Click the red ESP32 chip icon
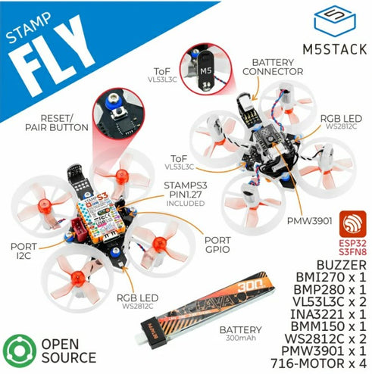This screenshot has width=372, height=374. pos(349,222)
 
